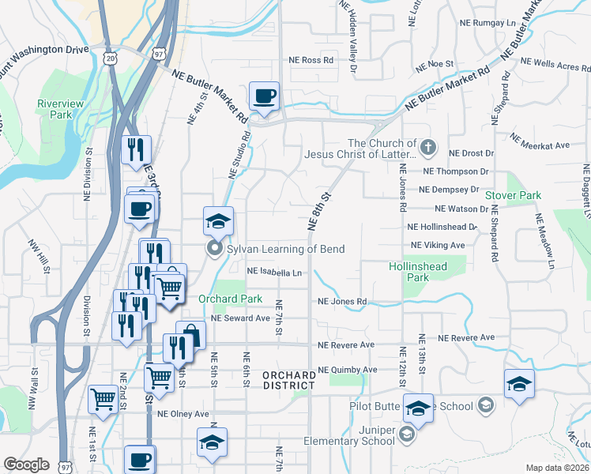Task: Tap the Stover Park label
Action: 513,194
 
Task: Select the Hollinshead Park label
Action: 418,272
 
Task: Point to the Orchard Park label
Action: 230,299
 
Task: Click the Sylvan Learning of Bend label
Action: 285,249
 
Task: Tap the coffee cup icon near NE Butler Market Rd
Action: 265,96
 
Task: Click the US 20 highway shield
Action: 110,58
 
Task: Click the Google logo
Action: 26,465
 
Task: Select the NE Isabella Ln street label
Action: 275,272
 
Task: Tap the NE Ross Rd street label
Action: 311,60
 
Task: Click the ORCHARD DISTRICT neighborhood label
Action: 288,379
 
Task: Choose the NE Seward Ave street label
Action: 241,318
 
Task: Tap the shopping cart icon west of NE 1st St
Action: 104,400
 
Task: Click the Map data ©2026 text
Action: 556,468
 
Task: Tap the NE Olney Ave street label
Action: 183,413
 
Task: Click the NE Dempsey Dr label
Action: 449,190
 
